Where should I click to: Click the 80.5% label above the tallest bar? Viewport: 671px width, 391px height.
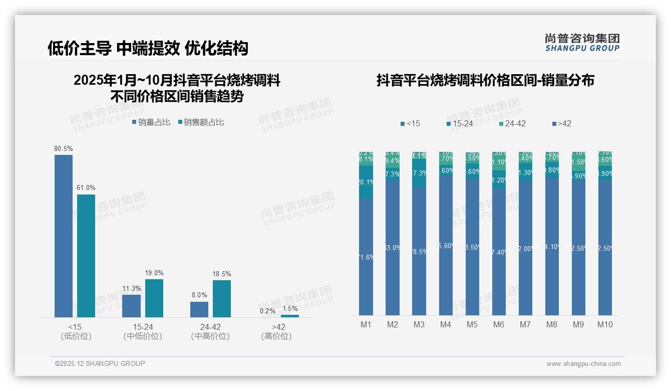coord(64,149)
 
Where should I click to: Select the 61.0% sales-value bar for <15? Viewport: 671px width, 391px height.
coord(86,256)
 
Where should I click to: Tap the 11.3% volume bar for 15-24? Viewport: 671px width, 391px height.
coord(131,306)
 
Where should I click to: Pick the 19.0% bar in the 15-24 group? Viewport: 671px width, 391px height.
coord(154,298)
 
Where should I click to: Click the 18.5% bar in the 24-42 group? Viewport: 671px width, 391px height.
coord(222,298)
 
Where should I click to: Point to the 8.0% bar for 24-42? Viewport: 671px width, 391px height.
coord(199,309)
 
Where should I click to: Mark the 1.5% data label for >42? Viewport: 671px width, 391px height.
coord(289,309)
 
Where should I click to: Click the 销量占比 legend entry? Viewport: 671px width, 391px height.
coord(151,122)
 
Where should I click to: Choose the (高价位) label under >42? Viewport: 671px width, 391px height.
coord(276,336)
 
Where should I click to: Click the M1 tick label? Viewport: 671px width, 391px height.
coord(366,324)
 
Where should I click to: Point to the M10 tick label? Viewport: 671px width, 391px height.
coord(605,324)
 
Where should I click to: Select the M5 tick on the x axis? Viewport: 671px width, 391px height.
coord(472,324)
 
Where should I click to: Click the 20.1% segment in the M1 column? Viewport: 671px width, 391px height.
coord(366,182)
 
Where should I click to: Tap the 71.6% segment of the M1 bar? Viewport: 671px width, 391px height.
coord(366,257)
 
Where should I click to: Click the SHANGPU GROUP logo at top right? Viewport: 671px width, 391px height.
coord(582,43)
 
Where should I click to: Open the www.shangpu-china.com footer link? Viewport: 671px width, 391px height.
coord(583,364)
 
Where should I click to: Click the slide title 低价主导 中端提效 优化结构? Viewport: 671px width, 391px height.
coord(148,48)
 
